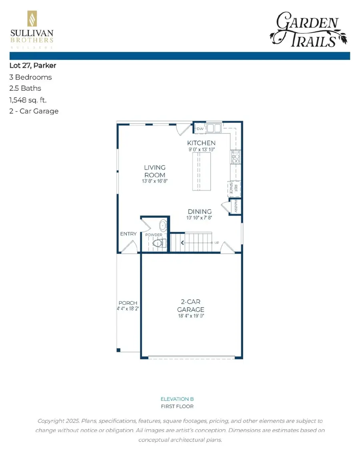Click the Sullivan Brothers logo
tap(32, 30)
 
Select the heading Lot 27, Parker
tap(33, 66)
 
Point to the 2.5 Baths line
tap(25, 88)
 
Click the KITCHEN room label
tap(202, 143)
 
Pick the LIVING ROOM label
tap(155, 171)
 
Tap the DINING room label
tap(200, 212)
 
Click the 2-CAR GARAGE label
tap(191, 306)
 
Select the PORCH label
tap(128, 303)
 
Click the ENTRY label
tap(128, 234)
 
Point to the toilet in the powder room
tap(159, 243)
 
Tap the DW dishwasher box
tap(200, 129)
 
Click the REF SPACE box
tap(234, 189)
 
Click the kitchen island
tap(202, 172)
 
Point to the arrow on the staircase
tap(182, 243)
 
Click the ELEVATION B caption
tap(177, 399)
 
